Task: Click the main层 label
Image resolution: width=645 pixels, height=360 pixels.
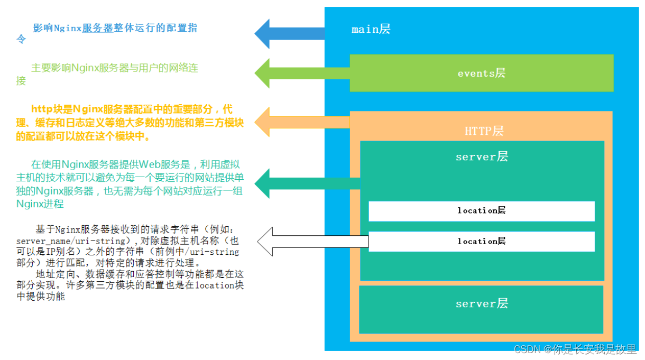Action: pos(371,29)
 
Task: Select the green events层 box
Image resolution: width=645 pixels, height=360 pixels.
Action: pos(481,73)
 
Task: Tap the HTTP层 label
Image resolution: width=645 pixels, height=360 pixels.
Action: pos(484,131)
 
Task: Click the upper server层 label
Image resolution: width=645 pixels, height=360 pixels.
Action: pos(482,156)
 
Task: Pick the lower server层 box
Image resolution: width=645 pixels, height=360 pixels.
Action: pos(481,307)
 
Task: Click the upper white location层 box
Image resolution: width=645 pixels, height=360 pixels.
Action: pos(481,210)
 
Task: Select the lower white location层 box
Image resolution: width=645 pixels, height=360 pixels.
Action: pos(481,241)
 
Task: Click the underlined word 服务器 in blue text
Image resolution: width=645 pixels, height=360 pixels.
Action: pos(98,28)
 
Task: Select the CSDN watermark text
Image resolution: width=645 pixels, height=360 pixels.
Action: pos(575,349)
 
